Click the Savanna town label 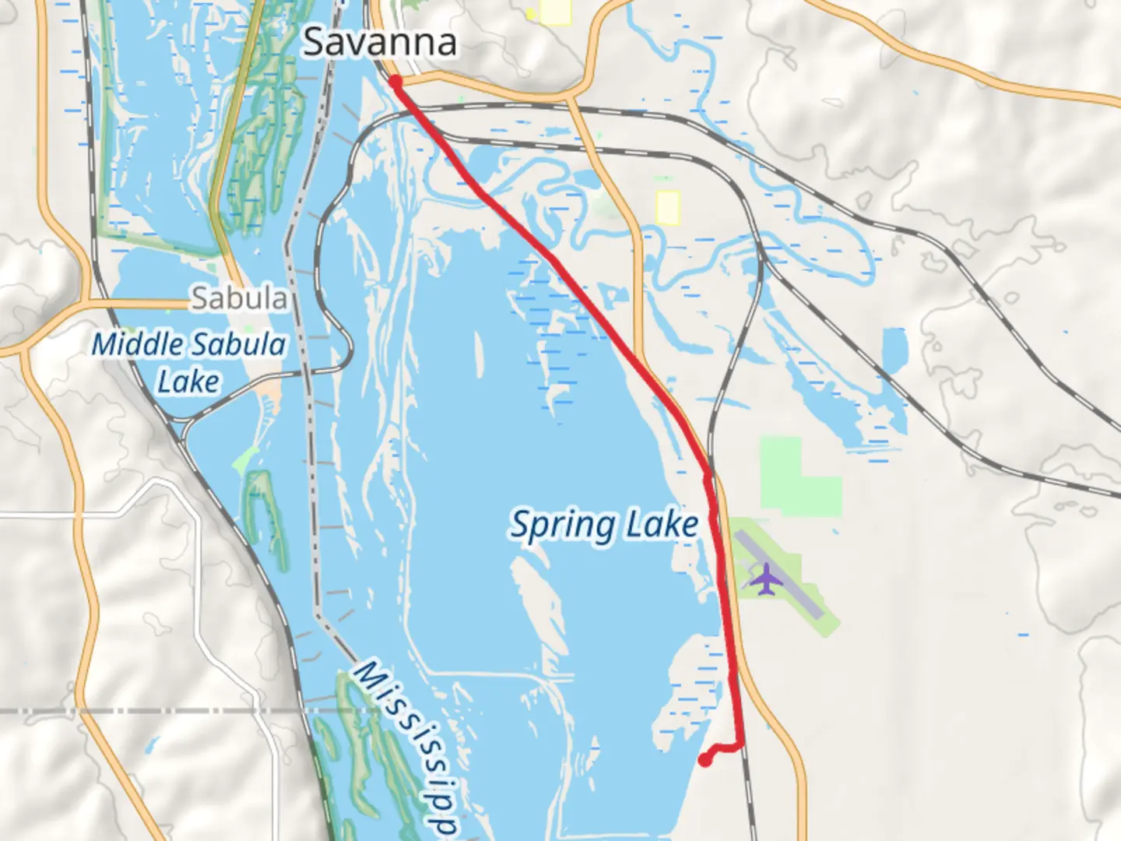tap(379, 41)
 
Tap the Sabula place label tap(239, 297)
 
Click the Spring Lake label tap(604, 525)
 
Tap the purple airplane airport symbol tap(767, 578)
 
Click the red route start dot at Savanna tap(395, 82)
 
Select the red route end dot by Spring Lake tap(705, 760)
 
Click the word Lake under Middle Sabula tap(188, 382)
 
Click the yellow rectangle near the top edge tap(555, 11)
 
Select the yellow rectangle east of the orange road tap(668, 207)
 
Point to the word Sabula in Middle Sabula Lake tap(239, 344)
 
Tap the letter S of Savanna tap(314, 41)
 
